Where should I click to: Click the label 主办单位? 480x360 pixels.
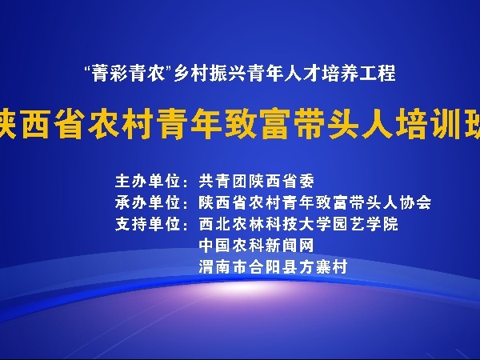[147, 182]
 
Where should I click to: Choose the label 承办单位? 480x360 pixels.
[147, 202]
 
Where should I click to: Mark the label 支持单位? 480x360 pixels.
[147, 224]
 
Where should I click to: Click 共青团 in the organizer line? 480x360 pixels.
[222, 182]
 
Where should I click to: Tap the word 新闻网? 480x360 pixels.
[290, 246]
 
